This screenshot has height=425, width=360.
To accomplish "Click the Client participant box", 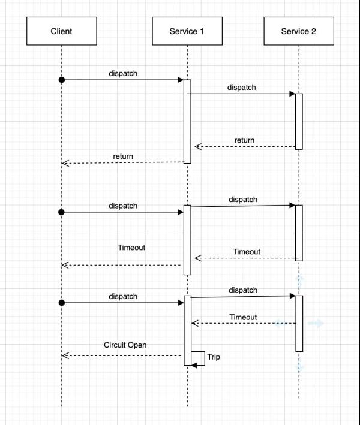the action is (62, 31).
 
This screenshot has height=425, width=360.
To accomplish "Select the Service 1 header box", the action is (187, 31).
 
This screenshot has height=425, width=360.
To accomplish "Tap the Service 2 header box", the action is (299, 31).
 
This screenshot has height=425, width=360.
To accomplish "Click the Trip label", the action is (214, 357).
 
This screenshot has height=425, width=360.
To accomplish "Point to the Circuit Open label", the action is (125, 345).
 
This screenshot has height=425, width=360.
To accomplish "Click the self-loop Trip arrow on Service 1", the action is (205, 358).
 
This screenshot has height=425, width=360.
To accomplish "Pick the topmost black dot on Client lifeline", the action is (62, 80).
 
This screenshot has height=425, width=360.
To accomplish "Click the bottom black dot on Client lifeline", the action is (62, 303).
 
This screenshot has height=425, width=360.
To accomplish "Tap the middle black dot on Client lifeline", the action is (62, 212).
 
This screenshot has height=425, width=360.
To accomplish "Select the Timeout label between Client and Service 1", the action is (131, 248).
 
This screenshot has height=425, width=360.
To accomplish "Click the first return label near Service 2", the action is (244, 140).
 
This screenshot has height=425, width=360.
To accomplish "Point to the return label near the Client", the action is (123, 156).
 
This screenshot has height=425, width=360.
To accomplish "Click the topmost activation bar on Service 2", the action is (299, 122).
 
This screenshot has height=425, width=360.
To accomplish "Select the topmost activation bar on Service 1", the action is (187, 122).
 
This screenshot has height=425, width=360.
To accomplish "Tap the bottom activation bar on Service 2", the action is (299, 324).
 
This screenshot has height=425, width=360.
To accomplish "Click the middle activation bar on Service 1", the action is (187, 240).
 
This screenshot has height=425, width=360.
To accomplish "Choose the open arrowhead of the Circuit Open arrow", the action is (65, 355).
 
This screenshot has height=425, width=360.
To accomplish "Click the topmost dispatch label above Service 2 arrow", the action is (241, 88).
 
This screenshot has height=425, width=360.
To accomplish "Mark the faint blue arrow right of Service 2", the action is (316, 323).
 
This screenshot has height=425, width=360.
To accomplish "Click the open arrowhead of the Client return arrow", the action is (65, 163).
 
